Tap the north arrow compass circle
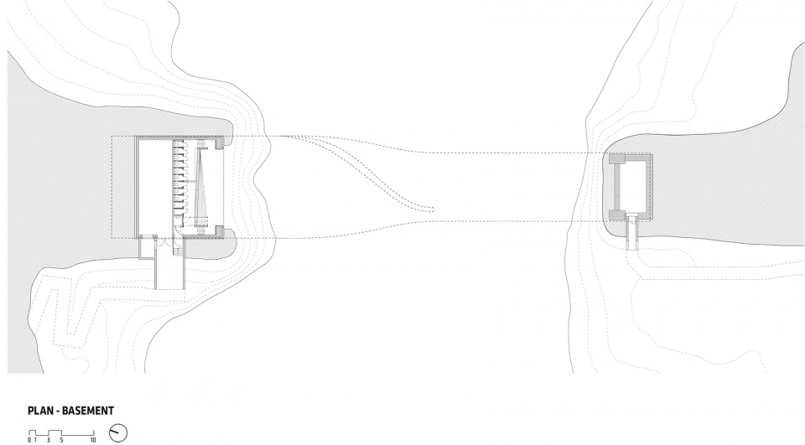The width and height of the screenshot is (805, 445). [118, 432]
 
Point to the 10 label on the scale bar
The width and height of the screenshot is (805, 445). [93, 440]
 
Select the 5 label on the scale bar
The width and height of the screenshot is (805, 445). [61, 440]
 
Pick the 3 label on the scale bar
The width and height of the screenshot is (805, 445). [49, 440]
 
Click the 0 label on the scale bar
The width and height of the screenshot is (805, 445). [30, 440]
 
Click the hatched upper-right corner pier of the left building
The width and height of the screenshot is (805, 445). [219, 142]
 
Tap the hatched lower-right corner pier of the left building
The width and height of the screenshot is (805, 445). [219, 231]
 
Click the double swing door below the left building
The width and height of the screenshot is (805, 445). [166, 245]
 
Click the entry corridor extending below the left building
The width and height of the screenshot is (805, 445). [169, 272]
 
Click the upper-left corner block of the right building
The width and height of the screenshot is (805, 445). [615, 159]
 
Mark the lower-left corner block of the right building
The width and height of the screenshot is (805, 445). [615, 215]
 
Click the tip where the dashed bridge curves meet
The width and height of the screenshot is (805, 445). [433, 210]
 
